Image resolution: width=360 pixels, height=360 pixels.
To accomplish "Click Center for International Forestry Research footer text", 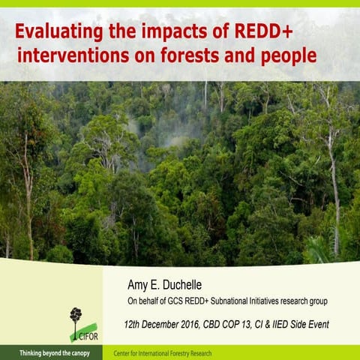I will (163, 352).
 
